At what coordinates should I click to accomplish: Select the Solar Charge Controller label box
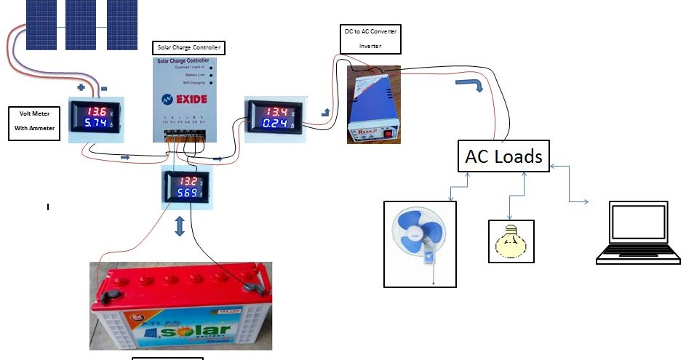point(188,49)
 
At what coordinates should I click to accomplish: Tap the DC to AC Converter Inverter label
point(370,39)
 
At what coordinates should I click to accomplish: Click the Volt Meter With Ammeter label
point(34,124)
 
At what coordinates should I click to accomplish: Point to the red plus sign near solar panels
point(81,87)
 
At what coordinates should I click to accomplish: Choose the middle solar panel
point(82,22)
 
